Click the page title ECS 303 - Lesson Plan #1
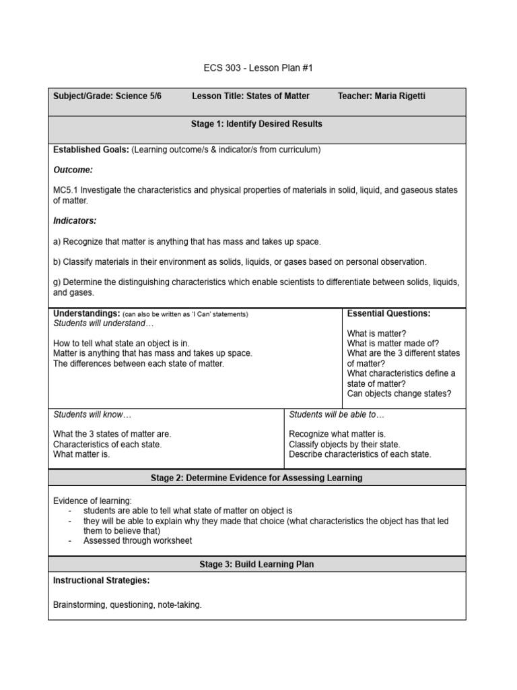258,68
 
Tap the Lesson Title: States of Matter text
250,96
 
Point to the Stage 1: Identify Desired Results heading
256,124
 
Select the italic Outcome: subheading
73,170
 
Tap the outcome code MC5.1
66,190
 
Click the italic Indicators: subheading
75,220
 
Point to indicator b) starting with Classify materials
239,261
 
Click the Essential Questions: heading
388,313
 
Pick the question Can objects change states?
399,394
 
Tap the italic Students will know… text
88,414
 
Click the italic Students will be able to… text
337,414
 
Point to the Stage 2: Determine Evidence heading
256,478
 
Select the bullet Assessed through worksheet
137,540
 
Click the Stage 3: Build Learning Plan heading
256,564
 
